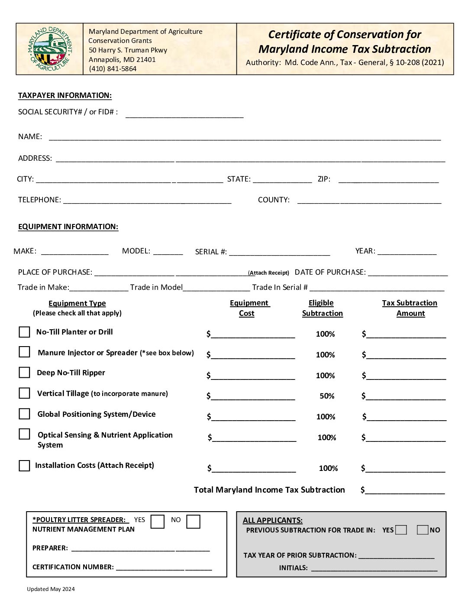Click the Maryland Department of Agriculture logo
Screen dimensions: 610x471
[x=50, y=49]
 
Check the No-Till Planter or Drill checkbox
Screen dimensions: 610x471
[x=25, y=332]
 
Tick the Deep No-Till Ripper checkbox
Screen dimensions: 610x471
[x=25, y=373]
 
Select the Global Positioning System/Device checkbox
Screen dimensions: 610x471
[x=25, y=414]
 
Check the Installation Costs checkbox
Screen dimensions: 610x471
[x=25, y=465]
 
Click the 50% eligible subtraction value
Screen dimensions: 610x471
[x=327, y=396]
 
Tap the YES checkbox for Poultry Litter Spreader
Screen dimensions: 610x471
[x=158, y=521]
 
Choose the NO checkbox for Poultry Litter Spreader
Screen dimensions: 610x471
[x=193, y=521]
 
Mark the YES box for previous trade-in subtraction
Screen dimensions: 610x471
[x=401, y=530]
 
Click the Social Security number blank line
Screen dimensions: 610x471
[x=184, y=114]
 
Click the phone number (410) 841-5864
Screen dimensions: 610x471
[x=113, y=69]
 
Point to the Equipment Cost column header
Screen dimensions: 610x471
[x=249, y=308]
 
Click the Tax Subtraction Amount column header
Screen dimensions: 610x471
[x=410, y=308]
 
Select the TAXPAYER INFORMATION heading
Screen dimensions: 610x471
[x=65, y=96]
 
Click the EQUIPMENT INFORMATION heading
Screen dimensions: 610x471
[x=68, y=227]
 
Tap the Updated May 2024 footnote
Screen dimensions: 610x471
[x=51, y=589]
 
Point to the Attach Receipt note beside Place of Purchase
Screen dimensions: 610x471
[x=268, y=273]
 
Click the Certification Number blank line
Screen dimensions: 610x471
[x=164, y=568]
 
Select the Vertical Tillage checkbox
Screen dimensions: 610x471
[x=25, y=393]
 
